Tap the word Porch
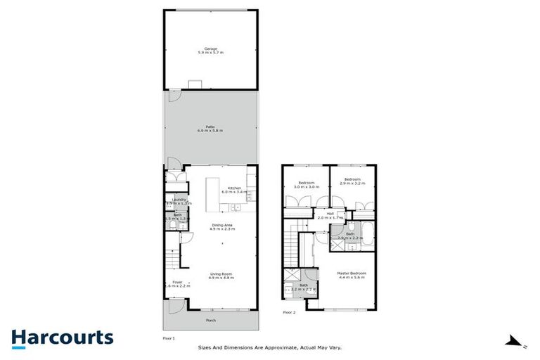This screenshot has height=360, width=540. (x=211, y=321)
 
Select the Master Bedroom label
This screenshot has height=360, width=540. (x=352, y=273)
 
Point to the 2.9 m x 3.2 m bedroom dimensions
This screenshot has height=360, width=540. (x=350, y=183)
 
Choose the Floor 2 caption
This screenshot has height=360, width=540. (x=290, y=311)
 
